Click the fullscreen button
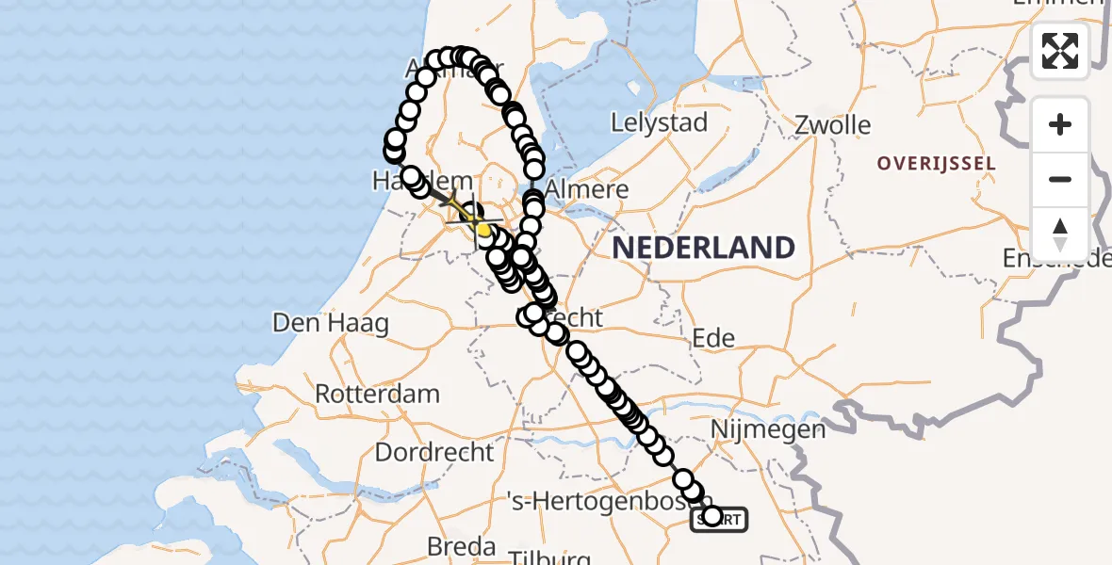point(1060,51)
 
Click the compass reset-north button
point(1060,234)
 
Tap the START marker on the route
point(720,519)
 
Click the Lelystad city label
point(659,122)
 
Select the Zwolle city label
point(832,125)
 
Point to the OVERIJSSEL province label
point(936,164)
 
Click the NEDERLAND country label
point(704,248)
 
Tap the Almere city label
point(587,188)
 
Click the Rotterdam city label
point(377,393)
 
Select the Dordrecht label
point(433,452)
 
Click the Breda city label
point(461,546)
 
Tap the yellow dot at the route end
point(483,229)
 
